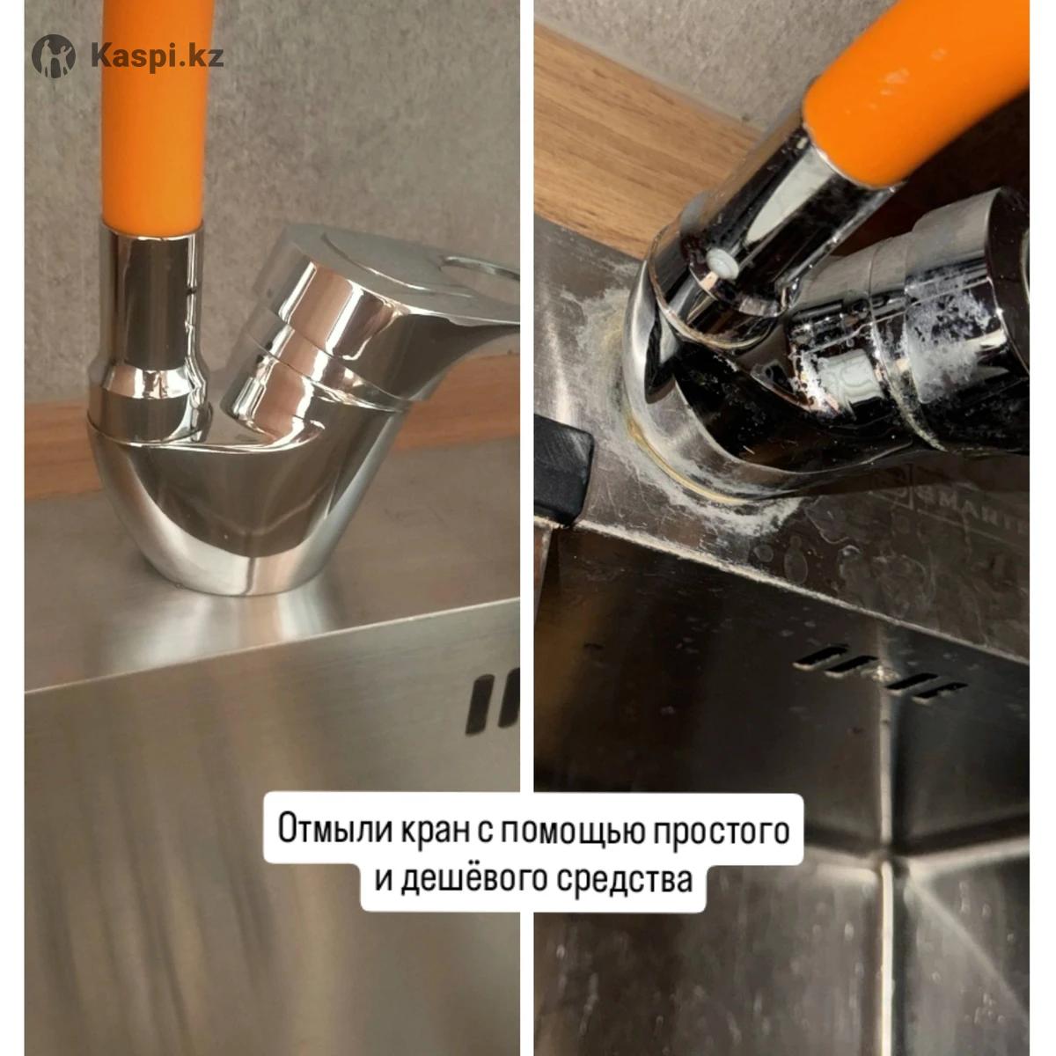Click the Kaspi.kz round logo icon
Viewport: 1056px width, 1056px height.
click(x=53, y=56)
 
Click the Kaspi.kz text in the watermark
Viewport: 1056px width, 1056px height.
click(x=158, y=56)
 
